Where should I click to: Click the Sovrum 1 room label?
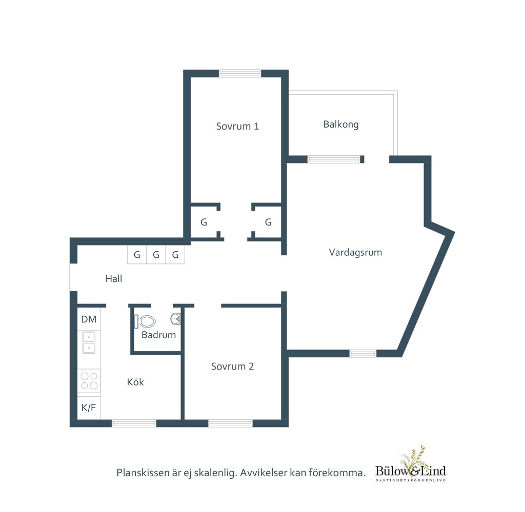(237, 126)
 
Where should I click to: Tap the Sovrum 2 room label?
(232, 366)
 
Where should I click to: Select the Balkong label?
(341, 125)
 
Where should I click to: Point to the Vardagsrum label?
(355, 252)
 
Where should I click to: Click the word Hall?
(114, 278)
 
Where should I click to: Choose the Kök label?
(135, 382)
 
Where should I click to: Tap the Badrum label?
(159, 335)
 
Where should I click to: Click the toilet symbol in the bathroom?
(145, 321)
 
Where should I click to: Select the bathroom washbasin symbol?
(176, 319)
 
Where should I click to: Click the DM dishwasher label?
(89, 319)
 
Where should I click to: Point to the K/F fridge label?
(89, 407)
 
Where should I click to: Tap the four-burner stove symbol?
(89, 381)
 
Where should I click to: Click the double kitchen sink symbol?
(89, 343)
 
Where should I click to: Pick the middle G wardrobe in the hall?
(156, 255)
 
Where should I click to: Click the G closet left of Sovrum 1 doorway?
(204, 222)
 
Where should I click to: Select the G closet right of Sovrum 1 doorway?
(268, 222)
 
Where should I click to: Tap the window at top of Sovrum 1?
(240, 73)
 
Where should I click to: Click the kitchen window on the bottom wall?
(134, 423)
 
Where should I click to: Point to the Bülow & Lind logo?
(411, 465)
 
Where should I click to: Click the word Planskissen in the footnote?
(143, 473)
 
